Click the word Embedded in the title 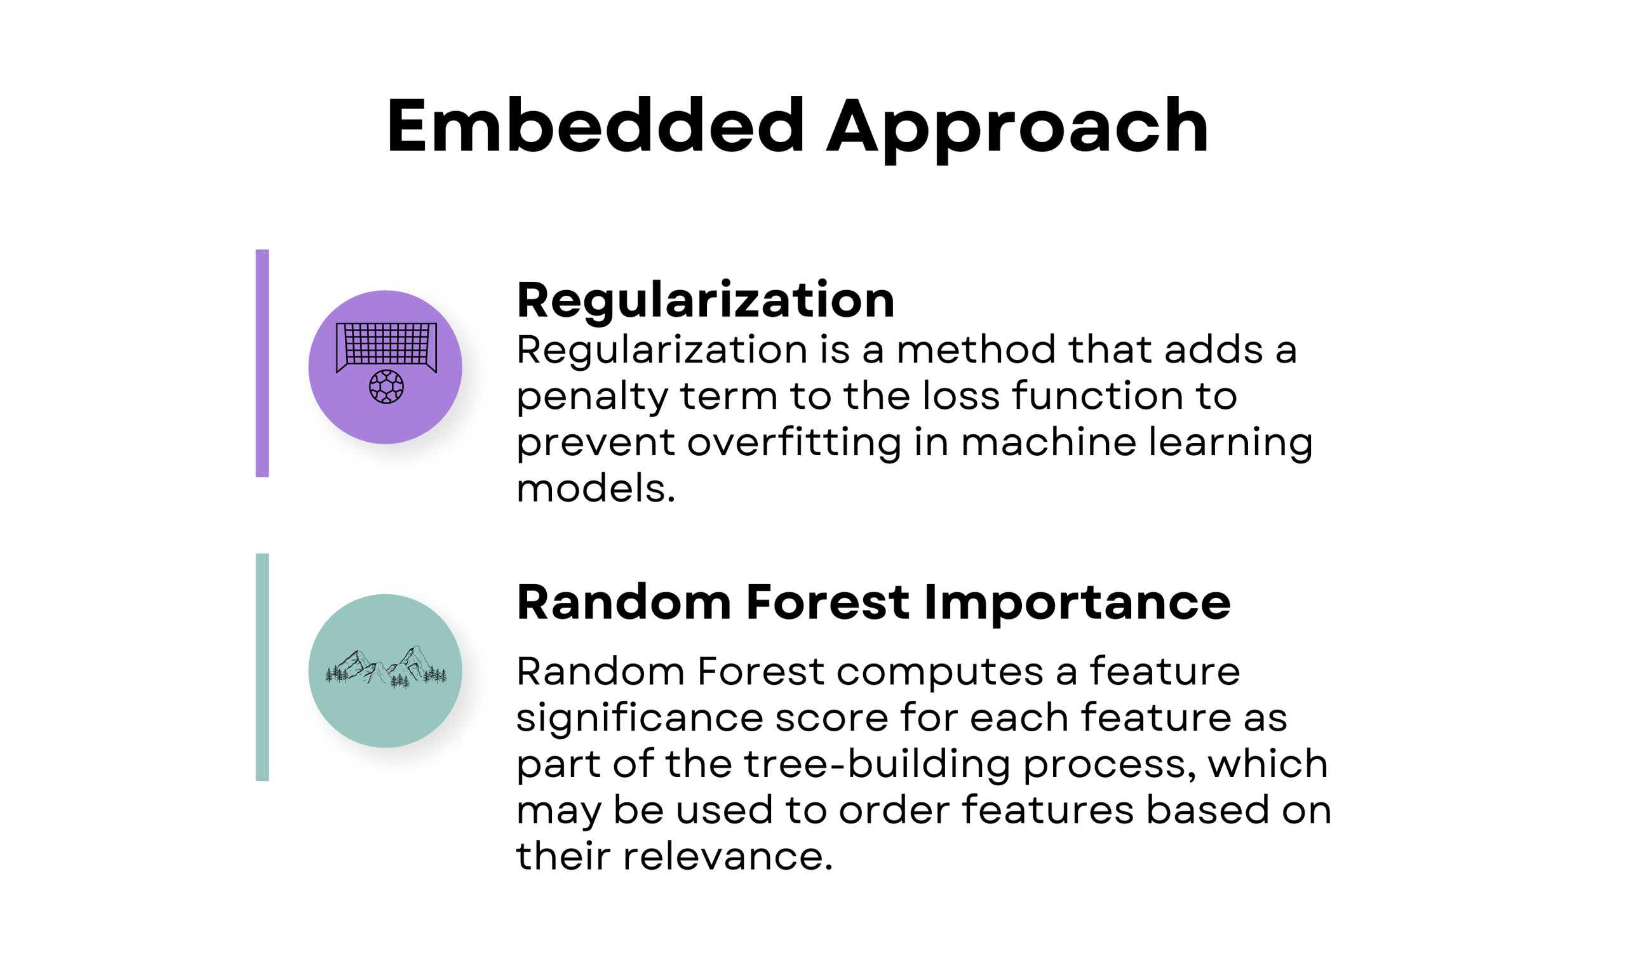pos(595,126)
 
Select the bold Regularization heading pos(705,301)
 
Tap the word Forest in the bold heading pos(828,602)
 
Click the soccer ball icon pos(386,387)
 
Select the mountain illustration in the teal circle pos(386,667)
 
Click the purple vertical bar pos(262,363)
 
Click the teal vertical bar pos(262,667)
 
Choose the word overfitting pos(793,443)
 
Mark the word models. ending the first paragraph pos(596,489)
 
